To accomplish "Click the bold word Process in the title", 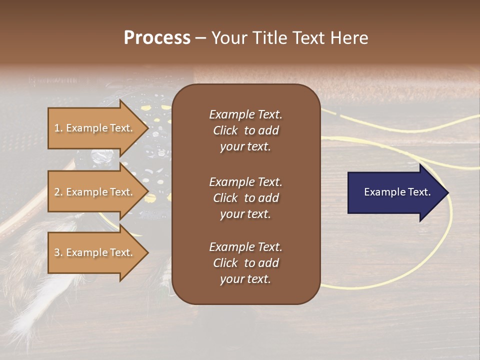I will point(157,38).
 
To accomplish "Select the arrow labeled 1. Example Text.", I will point(95,128).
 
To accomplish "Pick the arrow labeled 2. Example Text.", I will point(95,192).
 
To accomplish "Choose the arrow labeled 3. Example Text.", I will point(95,252).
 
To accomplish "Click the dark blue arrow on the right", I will point(395,192).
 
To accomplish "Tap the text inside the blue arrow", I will point(397,192).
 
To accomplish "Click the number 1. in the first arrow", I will point(58,128).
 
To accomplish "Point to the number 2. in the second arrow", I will point(58,192).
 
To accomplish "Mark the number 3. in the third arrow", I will point(58,252).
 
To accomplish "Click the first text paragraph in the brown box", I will point(245,130).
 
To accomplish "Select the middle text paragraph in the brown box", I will point(245,198).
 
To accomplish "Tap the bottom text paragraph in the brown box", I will point(245,263).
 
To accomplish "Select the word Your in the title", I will point(228,38).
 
